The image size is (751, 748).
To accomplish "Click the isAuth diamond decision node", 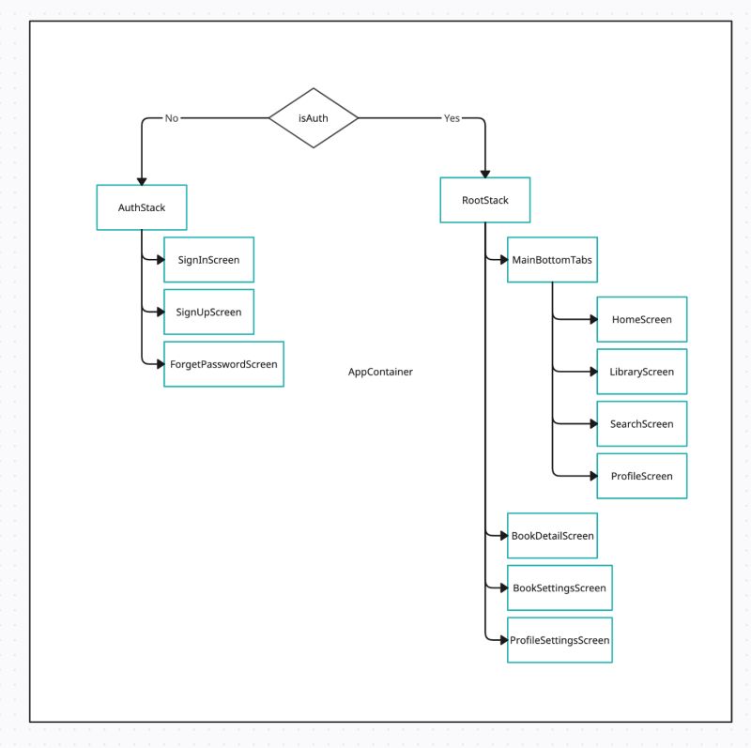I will coord(314,118).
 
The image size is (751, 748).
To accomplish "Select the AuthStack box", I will coord(142,207).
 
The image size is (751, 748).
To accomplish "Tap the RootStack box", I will coord(484,200).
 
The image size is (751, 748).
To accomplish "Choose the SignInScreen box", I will coord(208,260).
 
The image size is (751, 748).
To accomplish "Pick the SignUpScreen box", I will coord(208,312).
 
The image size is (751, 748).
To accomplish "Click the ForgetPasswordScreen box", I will coord(223,363).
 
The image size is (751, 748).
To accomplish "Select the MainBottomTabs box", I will coord(552,260).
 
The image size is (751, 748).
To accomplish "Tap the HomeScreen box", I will coord(641,320).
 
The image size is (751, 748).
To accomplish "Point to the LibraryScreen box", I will coord(641,372).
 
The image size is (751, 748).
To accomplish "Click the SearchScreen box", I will coord(641,423).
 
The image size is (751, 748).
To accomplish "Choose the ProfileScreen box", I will coord(641,476).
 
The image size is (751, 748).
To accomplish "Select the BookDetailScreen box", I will coord(552,536).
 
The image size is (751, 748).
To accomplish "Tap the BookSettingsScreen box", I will coord(559,588).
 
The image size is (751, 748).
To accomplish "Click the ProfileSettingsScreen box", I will coord(559,640).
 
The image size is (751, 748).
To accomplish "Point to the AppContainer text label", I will coord(380,372).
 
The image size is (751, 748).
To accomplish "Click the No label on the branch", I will coord(172,118).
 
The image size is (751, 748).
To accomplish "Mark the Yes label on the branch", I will coord(452,118).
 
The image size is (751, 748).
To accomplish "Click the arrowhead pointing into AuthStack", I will coord(142,180).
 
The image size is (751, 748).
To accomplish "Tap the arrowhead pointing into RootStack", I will coord(484,173).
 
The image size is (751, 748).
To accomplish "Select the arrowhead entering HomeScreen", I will coord(592,320).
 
